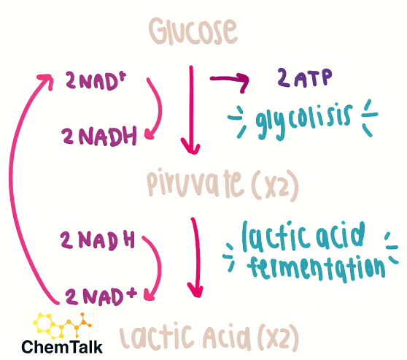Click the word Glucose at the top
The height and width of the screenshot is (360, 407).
click(193, 31)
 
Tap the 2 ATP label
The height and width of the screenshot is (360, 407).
click(304, 77)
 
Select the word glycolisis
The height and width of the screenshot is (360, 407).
click(303, 121)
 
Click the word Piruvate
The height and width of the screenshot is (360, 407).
click(195, 183)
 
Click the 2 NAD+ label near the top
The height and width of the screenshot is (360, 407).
click(96, 80)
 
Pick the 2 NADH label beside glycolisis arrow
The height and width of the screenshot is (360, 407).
click(99, 136)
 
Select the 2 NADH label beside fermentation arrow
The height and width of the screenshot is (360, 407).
click(97, 240)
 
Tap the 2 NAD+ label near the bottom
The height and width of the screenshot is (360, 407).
click(101, 296)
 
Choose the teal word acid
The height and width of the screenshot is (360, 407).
click(340, 234)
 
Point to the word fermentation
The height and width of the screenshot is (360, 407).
click(316, 268)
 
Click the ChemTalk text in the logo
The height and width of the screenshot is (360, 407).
click(62, 347)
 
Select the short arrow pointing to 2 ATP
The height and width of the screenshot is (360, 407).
click(230, 79)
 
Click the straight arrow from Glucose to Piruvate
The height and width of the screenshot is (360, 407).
click(191, 110)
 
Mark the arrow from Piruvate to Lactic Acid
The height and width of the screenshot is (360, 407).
click(197, 257)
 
